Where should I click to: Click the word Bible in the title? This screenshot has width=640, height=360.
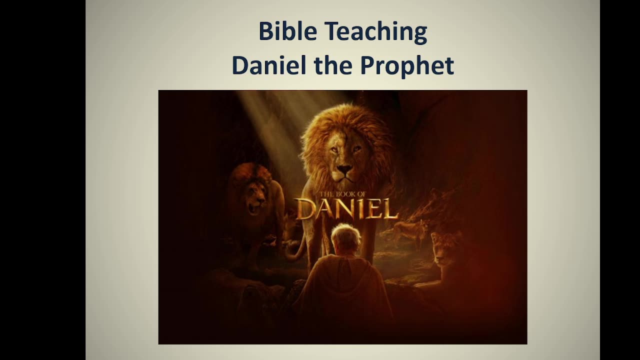(287, 32)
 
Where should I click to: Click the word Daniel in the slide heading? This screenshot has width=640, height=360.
(268, 65)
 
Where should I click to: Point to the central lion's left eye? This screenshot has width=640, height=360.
(356, 148)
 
